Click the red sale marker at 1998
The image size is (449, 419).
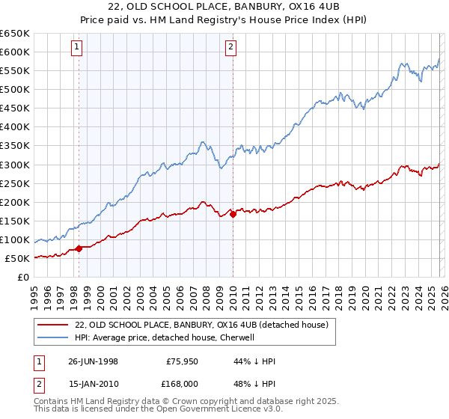(79, 249)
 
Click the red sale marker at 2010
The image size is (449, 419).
(233, 214)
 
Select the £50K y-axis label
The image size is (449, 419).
(16, 258)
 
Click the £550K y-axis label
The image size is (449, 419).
(14, 71)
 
